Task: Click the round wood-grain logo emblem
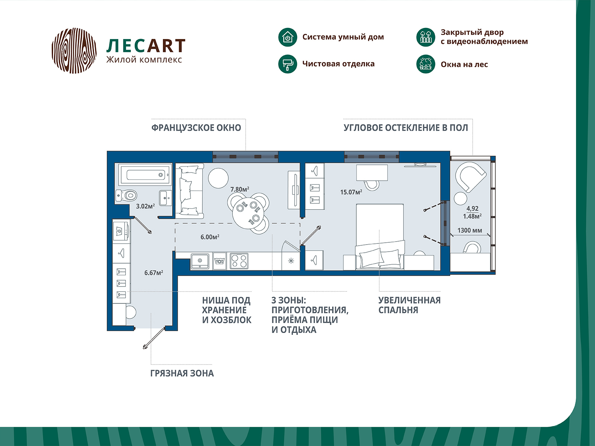74,50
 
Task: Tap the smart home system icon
287,37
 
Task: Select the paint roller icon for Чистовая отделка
287,64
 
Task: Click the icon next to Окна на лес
425,64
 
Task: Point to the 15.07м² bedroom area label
351,192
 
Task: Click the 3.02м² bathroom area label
145,206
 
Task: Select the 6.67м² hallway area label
154,273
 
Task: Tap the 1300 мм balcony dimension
469,230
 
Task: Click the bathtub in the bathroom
145,174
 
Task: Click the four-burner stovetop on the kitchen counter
239,261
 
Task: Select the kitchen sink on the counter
200,261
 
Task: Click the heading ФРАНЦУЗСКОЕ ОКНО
196,128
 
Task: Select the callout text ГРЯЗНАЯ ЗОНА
182,374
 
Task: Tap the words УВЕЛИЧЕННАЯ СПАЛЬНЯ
409,305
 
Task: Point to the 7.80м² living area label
239,190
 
